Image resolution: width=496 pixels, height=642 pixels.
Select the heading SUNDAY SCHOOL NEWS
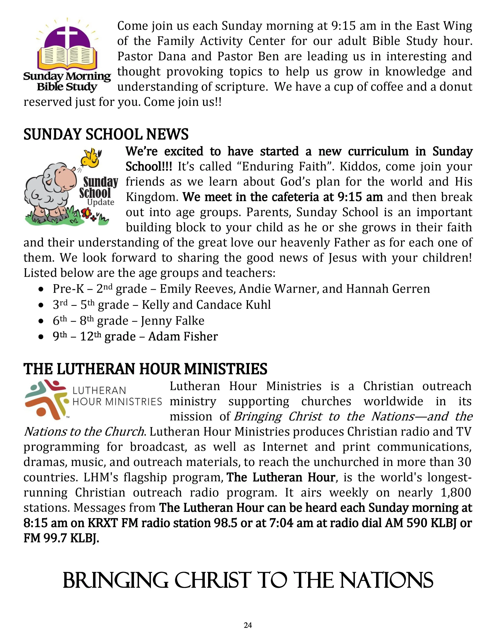106,134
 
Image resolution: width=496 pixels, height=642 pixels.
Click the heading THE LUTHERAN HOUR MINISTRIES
145,369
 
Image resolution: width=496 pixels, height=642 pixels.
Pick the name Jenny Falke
172,321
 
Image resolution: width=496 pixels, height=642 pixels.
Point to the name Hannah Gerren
388,289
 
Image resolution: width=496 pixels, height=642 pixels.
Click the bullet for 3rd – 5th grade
41,305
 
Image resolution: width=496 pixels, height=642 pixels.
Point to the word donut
456,87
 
